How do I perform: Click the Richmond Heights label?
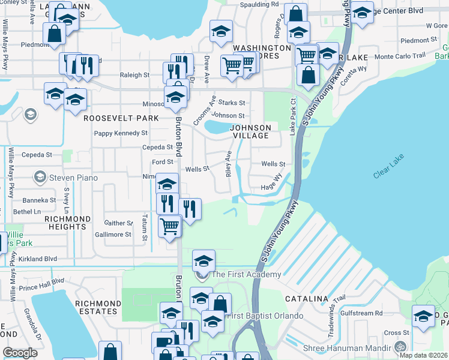click(x=68, y=223)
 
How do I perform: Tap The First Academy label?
click(x=246, y=275)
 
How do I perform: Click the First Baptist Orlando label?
click(x=259, y=316)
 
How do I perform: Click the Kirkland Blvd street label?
click(x=37, y=259)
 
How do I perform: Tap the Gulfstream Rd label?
click(x=361, y=313)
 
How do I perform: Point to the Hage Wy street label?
click(x=271, y=187)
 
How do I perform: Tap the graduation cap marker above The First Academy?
click(x=204, y=261)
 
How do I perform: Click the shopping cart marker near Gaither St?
click(x=170, y=227)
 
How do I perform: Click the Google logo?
click(x=20, y=353)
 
